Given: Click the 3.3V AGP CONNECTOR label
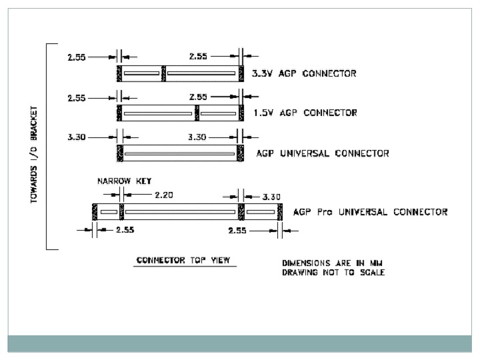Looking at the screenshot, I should point(304,73).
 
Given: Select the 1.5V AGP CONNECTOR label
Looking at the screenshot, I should point(305,113).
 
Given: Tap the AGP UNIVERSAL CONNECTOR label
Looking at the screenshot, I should point(323,153).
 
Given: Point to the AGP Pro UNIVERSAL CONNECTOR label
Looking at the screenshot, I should point(370,213).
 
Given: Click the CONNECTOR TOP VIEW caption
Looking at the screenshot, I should point(183,260).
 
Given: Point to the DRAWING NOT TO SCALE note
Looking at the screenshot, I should point(333,273).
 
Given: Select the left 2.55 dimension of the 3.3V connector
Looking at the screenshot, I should point(77,57).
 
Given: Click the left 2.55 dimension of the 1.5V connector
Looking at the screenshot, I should point(77,98).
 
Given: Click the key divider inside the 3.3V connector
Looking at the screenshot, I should point(164,73).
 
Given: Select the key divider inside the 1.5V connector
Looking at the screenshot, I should point(197,113).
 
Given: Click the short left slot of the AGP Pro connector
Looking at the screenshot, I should point(109,213).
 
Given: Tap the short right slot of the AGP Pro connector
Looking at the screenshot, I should point(261,213).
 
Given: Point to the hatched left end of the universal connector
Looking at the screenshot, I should point(120,153).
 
